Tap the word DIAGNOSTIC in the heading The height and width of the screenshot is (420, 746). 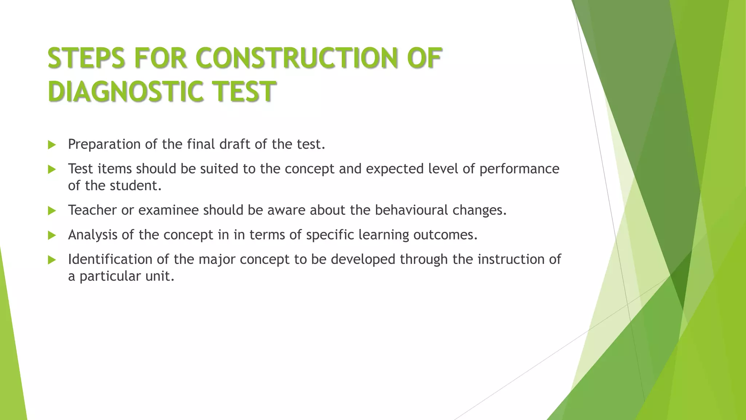tap(125, 91)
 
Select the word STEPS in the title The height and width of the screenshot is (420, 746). tap(87, 58)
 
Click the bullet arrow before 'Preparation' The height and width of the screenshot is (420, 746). tap(52, 145)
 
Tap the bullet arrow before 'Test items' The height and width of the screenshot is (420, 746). tap(52, 169)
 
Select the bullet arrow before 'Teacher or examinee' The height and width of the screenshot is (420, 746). tap(52, 211)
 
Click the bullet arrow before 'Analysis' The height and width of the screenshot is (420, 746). tap(52, 235)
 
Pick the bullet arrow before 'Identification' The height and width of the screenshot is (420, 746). tap(52, 260)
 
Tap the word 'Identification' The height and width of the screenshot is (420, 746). tap(110, 259)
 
